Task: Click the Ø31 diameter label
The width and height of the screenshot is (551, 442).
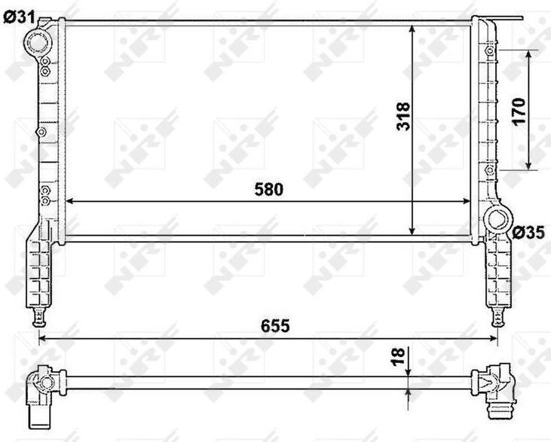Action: coord(20,17)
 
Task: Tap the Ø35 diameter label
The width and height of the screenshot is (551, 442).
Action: coord(528,233)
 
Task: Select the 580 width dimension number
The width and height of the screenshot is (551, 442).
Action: coord(269,190)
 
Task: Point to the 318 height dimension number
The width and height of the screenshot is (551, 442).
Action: coord(403,117)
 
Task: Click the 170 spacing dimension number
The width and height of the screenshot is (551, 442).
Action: coord(519,111)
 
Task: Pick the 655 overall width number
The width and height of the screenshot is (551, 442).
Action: coord(275,326)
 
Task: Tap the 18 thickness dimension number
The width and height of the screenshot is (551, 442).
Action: coord(398,357)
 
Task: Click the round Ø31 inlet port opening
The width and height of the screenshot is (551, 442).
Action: coord(38,42)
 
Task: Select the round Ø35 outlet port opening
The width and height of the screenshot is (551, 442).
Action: coord(497,219)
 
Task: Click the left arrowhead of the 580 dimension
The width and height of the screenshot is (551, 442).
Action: coord(69,201)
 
